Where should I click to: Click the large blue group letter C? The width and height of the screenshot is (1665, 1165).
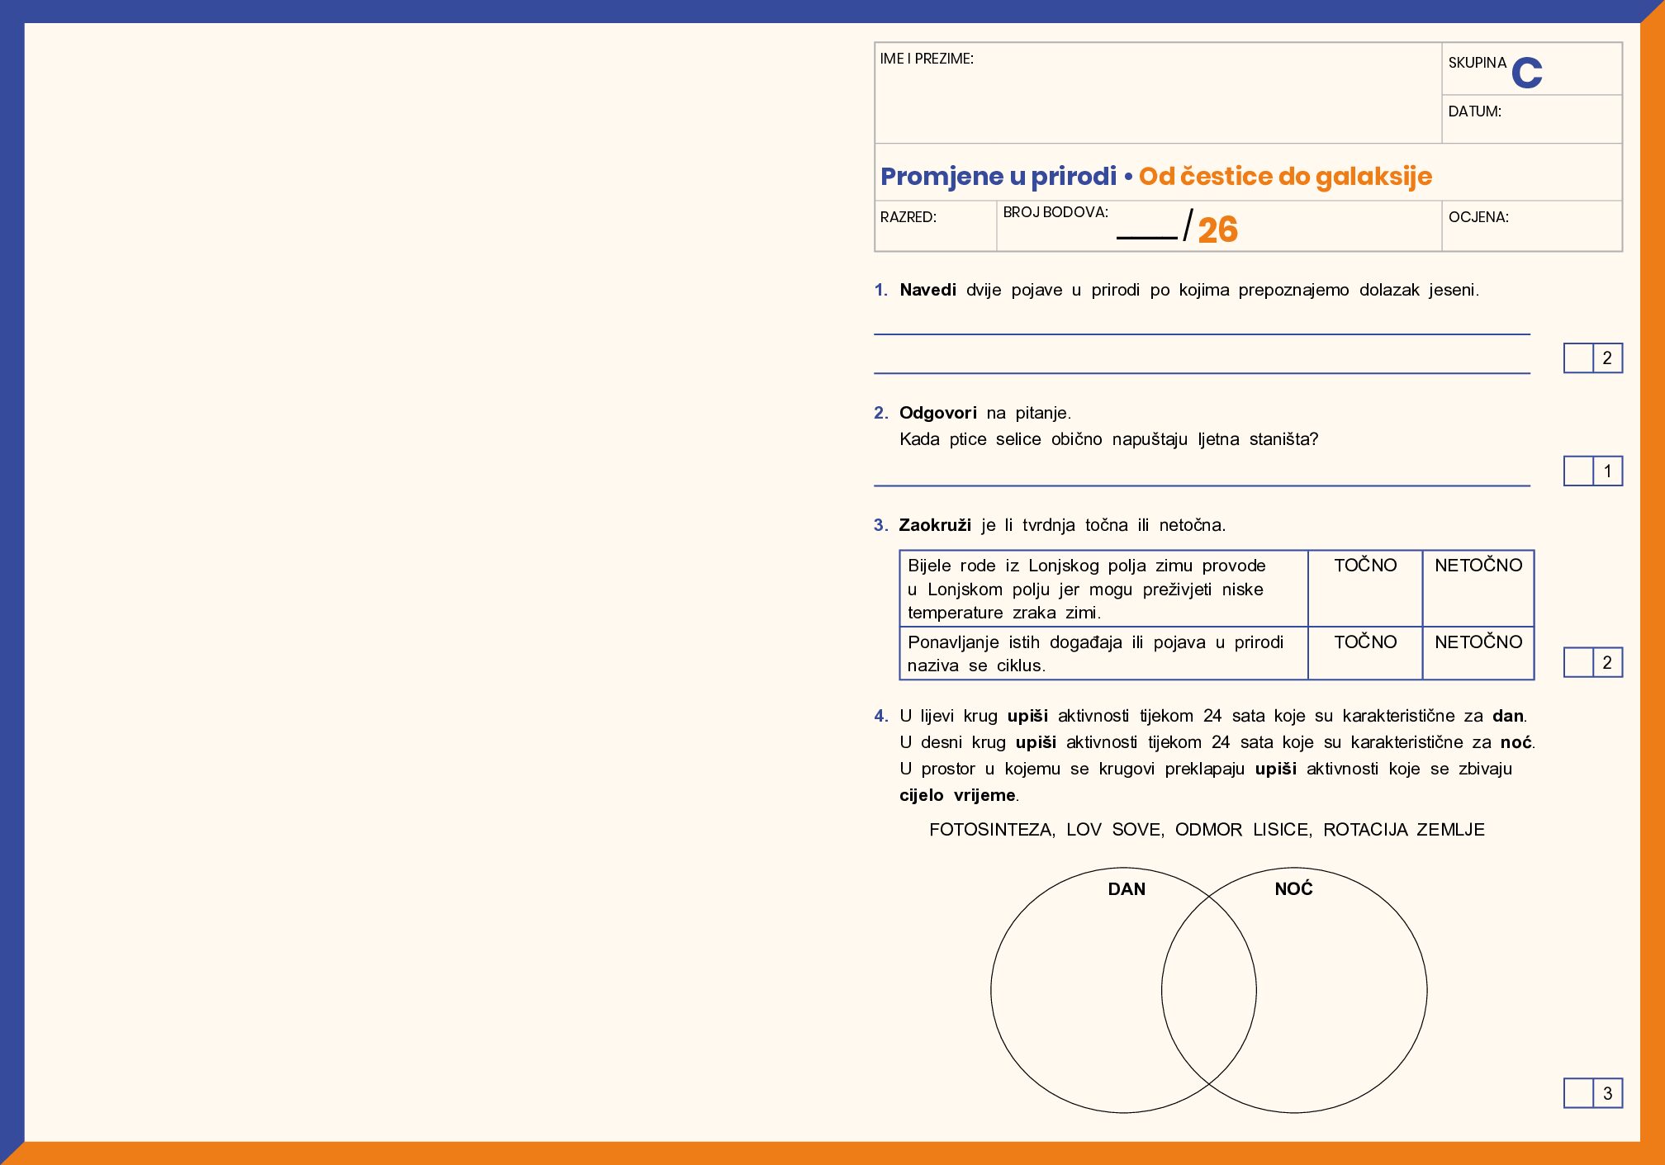click(x=1526, y=73)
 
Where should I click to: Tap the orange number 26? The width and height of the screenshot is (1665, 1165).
click(x=1217, y=230)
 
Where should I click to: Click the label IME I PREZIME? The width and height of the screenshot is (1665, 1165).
click(x=927, y=59)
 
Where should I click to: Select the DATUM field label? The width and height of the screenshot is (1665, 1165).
click(x=1474, y=111)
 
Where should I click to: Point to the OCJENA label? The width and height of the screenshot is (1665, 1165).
click(x=1478, y=217)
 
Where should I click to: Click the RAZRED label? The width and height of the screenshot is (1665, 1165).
click(x=908, y=217)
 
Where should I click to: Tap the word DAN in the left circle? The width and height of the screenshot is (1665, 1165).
click(x=1127, y=889)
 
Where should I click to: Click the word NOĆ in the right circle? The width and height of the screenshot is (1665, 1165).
click(x=1293, y=888)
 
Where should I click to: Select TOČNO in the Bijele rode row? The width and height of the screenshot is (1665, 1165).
click(x=1365, y=566)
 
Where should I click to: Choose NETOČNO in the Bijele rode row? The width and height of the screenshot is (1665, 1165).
click(x=1478, y=566)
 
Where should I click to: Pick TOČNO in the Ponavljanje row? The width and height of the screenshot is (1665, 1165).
click(x=1365, y=642)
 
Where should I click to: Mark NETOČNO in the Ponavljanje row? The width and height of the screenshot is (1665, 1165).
click(x=1478, y=642)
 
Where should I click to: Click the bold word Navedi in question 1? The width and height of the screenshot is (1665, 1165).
click(x=927, y=290)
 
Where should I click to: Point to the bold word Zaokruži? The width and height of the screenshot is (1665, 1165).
click(x=935, y=525)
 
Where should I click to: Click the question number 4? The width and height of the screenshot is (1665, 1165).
click(x=880, y=716)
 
